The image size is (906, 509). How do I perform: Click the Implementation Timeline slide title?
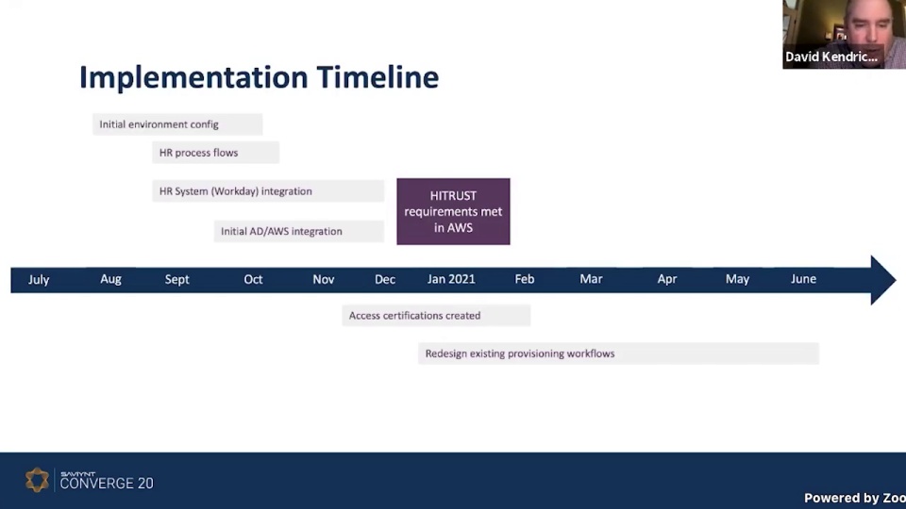[259, 77]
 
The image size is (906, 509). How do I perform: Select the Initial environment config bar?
[177, 124]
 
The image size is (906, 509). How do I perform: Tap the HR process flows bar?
[215, 153]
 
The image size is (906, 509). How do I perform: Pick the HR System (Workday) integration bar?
[268, 191]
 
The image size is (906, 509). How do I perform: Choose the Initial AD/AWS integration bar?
[298, 231]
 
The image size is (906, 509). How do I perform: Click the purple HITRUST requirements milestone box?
[453, 211]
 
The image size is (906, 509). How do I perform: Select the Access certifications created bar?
[436, 316]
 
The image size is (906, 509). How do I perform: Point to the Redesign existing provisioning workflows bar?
[618, 353]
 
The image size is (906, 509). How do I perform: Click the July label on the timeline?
[39, 279]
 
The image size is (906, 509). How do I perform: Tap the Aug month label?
[110, 279]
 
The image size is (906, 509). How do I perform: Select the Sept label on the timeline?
[177, 279]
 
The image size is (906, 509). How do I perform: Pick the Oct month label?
[253, 279]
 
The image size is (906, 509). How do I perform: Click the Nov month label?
[324, 279]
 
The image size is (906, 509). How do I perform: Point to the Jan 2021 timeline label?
[451, 279]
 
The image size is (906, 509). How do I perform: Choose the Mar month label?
[591, 279]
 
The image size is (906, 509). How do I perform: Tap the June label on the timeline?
[803, 279]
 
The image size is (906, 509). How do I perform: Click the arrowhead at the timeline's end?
[883, 280]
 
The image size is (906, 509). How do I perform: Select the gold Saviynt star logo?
[37, 481]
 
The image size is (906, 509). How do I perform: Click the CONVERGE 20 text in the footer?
[107, 484]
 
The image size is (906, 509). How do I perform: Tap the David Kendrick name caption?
[831, 57]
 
